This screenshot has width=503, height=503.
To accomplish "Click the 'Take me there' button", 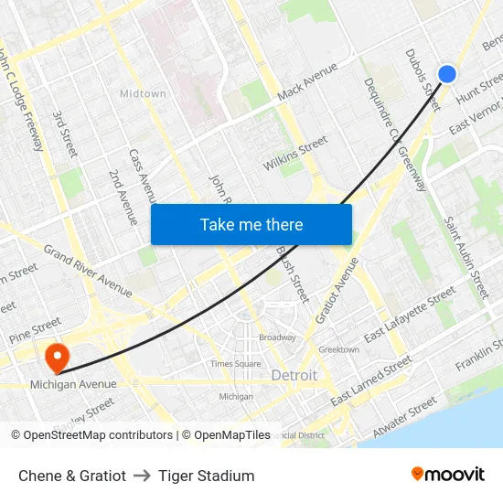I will click(x=251, y=224).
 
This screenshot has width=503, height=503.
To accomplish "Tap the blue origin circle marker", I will click(x=447, y=74).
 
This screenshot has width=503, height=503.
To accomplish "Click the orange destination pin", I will click(x=56, y=355).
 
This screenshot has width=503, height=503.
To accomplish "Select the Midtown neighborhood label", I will click(x=143, y=93).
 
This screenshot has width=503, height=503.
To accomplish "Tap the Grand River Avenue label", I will click(x=88, y=271).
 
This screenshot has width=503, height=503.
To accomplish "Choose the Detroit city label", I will click(x=294, y=376).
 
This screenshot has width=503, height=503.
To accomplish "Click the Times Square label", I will click(x=235, y=363).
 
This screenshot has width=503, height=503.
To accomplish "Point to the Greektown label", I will click(x=338, y=349).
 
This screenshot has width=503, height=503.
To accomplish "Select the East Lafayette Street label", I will click(x=409, y=315).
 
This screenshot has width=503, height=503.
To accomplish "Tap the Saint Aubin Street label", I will click(x=466, y=256).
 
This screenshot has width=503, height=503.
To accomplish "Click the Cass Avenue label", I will click(x=143, y=176).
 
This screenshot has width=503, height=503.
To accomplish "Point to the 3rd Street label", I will click(x=64, y=134).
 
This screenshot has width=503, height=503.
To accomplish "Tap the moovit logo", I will click(x=448, y=475).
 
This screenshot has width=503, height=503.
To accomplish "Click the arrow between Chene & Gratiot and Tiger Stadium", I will click(x=142, y=476).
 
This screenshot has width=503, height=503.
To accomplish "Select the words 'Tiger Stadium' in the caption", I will click(x=206, y=476).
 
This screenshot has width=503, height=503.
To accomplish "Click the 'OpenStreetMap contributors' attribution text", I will click(x=98, y=435).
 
